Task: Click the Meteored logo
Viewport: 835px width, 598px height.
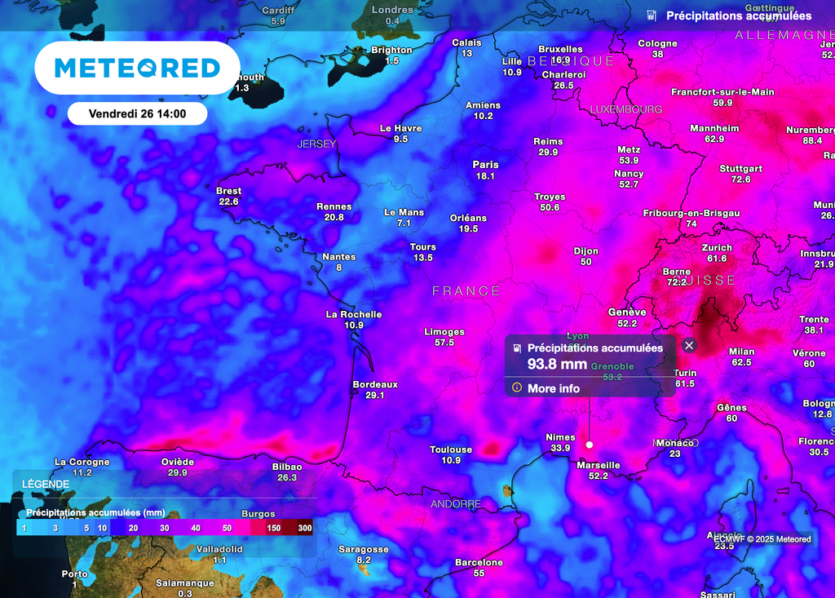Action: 137,68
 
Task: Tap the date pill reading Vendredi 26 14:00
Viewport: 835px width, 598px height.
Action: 137,113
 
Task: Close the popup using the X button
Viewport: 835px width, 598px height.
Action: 689,345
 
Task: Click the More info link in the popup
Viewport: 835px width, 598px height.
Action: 553,388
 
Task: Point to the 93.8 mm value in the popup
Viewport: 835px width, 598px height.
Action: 557,364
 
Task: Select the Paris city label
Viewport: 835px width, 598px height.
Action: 485,165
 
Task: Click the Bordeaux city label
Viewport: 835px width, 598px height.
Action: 375,384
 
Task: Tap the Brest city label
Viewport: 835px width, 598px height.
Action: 228,191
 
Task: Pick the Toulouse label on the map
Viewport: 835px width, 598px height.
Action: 451,450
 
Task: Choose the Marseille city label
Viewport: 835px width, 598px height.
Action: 599,465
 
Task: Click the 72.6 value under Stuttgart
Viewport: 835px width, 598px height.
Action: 740,179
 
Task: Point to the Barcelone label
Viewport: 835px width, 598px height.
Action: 479,562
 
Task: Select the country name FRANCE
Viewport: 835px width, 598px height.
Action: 466,291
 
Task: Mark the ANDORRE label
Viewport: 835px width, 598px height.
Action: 456,504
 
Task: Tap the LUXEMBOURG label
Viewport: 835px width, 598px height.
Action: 625,109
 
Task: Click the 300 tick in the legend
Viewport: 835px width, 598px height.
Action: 305,529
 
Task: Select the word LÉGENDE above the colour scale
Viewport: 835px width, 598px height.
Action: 46,484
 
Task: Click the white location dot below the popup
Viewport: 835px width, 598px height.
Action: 590,445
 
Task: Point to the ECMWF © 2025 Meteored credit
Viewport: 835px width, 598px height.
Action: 762,538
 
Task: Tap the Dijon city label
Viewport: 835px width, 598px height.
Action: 585,251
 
